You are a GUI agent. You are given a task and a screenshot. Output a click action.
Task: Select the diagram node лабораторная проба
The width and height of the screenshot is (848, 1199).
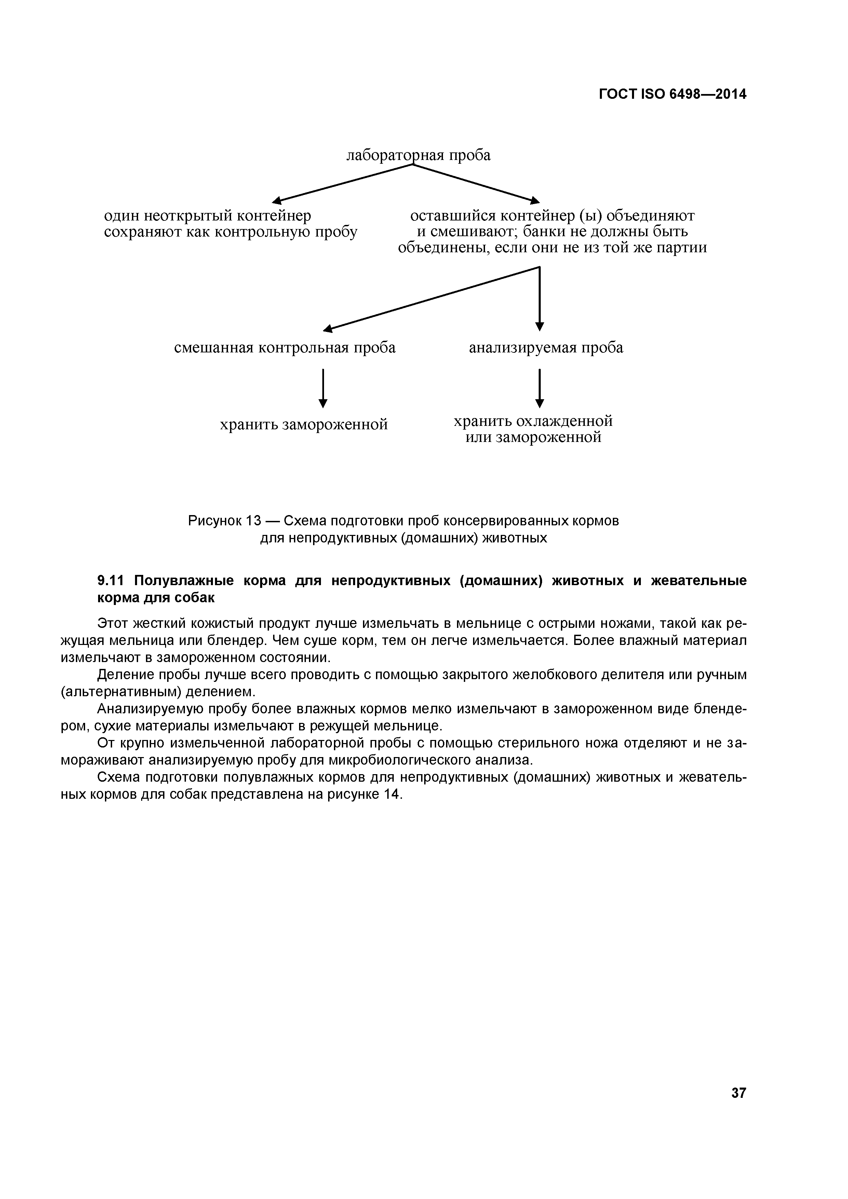click(x=419, y=155)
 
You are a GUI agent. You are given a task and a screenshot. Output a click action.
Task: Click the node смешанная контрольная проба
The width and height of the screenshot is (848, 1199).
click(x=285, y=348)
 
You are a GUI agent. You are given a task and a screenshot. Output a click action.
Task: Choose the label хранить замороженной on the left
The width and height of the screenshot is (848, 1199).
click(x=304, y=425)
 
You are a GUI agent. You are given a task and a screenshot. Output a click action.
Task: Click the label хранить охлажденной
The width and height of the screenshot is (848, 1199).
click(x=533, y=421)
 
